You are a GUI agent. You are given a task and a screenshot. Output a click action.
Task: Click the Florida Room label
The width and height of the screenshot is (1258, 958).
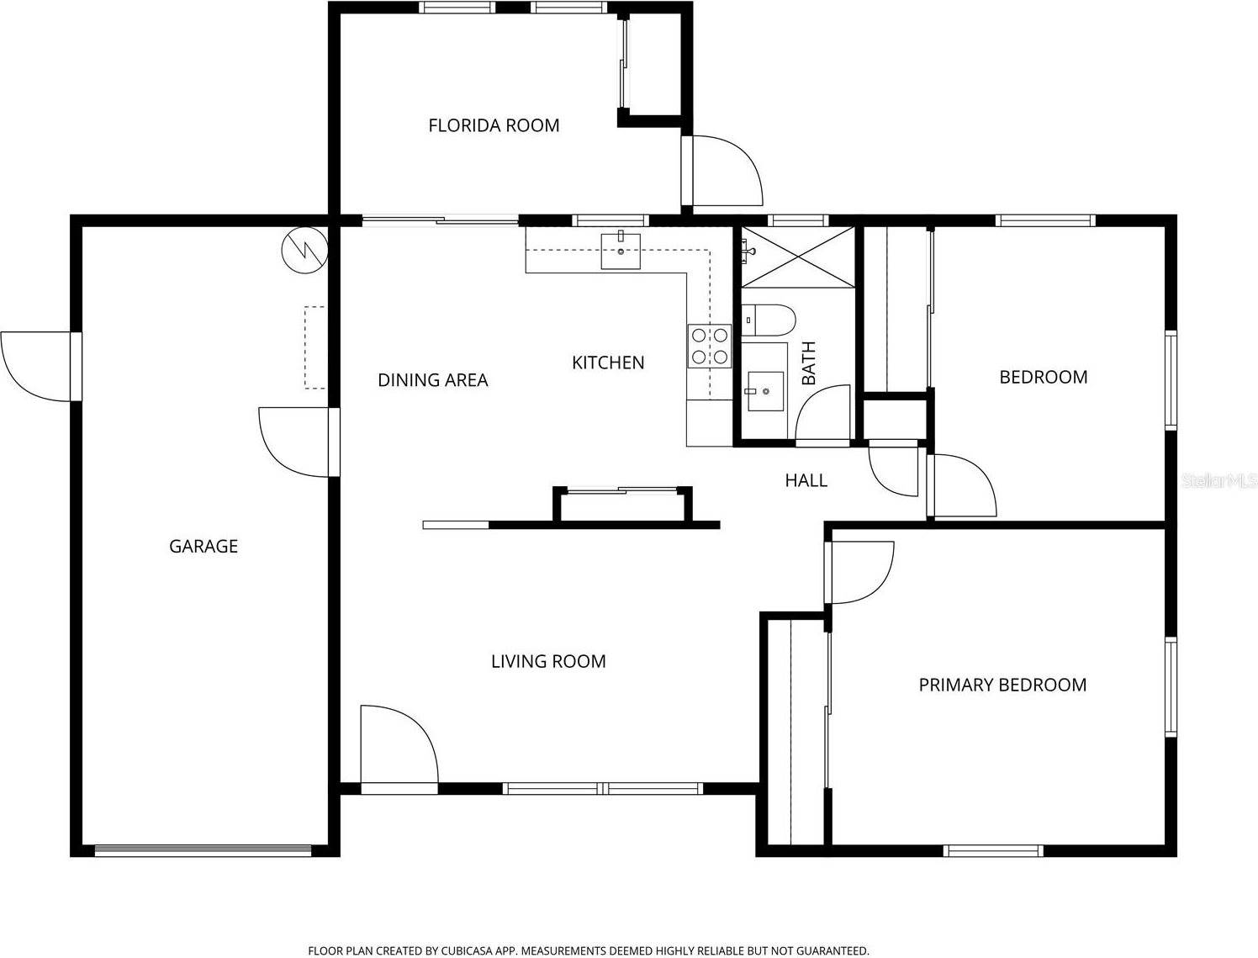[494, 125]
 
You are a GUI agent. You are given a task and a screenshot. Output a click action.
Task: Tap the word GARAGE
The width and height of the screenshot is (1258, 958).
[203, 546]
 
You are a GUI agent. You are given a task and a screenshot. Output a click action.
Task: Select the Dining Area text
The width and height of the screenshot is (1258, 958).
[432, 380]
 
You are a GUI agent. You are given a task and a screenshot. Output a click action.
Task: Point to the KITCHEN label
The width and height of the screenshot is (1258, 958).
[608, 363]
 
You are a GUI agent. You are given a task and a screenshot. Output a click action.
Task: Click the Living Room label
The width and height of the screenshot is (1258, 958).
[548, 661]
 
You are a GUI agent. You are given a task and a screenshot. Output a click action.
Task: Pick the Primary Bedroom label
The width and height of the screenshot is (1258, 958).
[1002, 685]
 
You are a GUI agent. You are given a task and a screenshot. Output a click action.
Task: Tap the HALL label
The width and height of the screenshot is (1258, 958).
[806, 480]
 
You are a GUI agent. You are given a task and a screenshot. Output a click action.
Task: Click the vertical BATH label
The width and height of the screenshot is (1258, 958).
[809, 363]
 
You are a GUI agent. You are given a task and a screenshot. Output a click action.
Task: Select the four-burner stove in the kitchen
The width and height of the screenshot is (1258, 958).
[709, 346]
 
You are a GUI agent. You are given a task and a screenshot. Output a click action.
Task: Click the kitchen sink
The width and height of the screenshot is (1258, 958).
[621, 251]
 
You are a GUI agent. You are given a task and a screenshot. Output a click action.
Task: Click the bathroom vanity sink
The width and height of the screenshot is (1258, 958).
[765, 391]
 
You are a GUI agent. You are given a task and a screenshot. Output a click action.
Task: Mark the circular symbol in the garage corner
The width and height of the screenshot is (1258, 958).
[304, 250]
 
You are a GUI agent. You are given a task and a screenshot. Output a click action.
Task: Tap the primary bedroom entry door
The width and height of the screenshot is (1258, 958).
[859, 572]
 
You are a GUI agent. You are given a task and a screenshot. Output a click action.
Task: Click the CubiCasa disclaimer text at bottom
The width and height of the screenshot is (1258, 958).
[588, 950]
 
